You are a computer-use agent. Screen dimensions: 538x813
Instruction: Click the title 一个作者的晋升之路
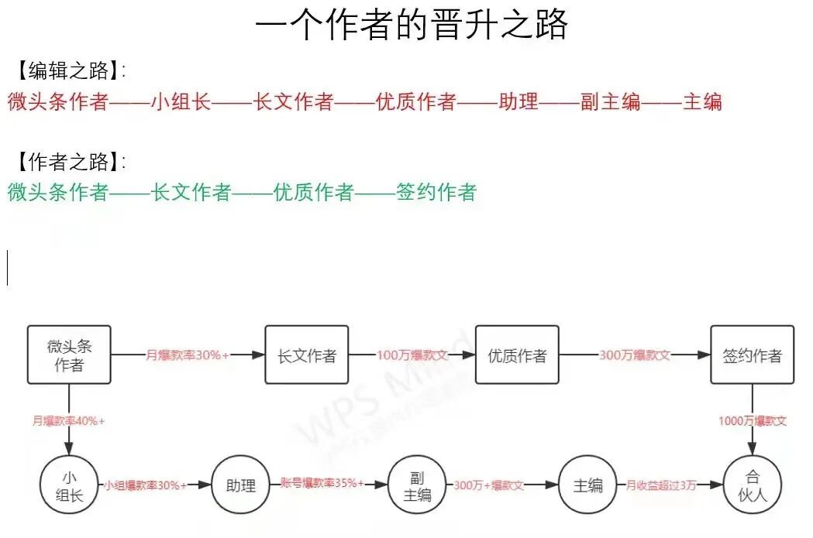(x=412, y=25)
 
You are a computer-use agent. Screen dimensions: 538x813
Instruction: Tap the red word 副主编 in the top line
(x=611, y=101)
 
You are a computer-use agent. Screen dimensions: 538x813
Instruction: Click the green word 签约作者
(x=436, y=192)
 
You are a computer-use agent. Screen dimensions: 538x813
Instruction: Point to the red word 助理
(x=518, y=101)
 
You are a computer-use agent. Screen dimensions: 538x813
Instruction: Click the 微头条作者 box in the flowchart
(x=69, y=355)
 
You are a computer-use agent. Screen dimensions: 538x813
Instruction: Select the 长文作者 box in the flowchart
(x=307, y=355)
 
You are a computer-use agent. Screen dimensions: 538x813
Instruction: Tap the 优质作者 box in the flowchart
(x=517, y=355)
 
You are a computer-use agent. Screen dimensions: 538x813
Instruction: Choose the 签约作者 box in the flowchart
(x=752, y=355)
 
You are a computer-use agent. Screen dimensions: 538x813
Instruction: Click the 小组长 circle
(x=69, y=485)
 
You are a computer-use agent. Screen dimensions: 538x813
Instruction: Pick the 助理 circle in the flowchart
(x=241, y=485)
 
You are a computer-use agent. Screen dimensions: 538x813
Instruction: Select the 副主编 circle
(x=417, y=485)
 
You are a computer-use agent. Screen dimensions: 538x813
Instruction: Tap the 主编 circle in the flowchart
(x=588, y=485)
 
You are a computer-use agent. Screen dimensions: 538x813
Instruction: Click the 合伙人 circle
(x=752, y=485)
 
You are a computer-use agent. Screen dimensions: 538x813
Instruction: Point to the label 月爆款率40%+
(x=68, y=421)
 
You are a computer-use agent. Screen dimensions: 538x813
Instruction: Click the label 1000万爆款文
(x=752, y=421)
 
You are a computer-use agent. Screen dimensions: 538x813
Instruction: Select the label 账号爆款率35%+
(x=322, y=483)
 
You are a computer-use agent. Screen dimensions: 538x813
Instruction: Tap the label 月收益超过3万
(x=661, y=485)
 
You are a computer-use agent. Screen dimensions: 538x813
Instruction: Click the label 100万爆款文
(x=412, y=355)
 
